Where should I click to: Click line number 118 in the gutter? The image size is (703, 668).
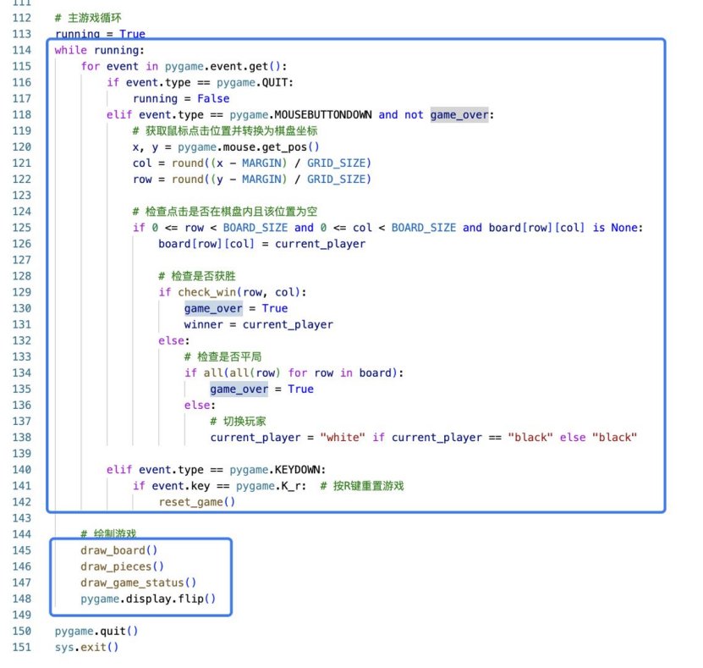click(21, 115)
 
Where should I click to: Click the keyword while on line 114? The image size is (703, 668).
click(71, 50)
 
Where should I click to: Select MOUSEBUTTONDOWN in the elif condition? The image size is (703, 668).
click(323, 115)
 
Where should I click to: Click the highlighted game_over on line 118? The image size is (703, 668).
click(459, 115)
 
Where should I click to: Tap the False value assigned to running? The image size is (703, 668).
click(213, 99)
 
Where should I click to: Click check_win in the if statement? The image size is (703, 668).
click(207, 292)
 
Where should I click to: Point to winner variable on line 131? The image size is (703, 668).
click(203, 325)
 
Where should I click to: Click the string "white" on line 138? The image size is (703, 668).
click(343, 438)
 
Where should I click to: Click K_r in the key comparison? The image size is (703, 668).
click(294, 486)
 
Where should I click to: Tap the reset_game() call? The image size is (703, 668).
click(197, 502)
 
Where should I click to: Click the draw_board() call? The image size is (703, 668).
click(118, 550)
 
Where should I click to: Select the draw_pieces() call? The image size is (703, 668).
click(122, 566)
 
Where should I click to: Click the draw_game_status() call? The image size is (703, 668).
click(139, 582)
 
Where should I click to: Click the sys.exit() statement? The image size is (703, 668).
click(86, 648)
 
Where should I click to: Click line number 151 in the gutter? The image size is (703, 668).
click(21, 648)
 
